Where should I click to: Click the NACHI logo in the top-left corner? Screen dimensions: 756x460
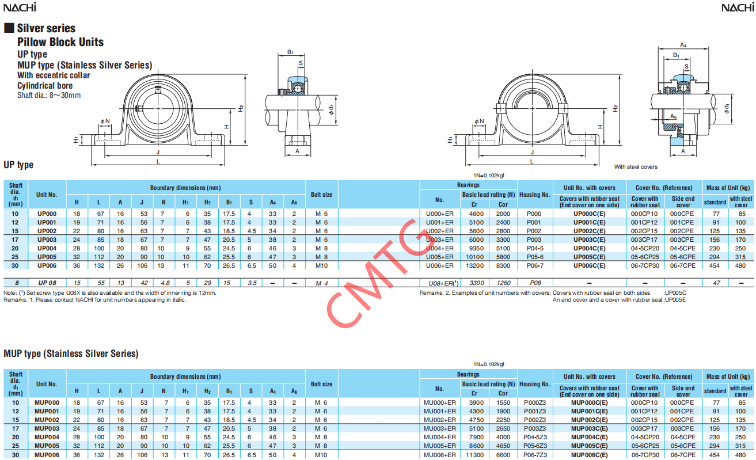point(20,7)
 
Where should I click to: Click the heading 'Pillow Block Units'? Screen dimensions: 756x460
point(60,42)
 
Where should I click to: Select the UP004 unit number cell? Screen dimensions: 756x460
point(47,248)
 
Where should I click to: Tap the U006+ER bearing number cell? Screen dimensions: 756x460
point(439,265)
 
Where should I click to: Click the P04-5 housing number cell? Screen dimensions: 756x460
point(535,248)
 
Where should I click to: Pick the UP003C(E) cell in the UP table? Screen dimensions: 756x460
point(589,239)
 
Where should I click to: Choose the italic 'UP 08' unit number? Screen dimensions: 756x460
point(47,283)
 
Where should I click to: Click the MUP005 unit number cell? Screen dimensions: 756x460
point(47,446)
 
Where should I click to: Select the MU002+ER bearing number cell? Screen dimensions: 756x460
point(439,420)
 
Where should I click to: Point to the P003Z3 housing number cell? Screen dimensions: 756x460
point(535,428)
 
